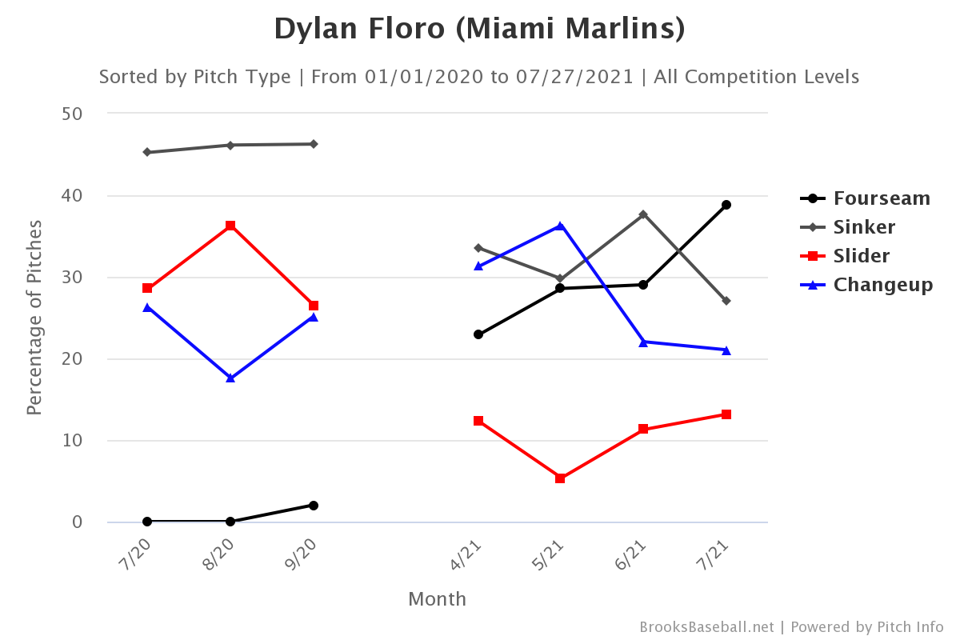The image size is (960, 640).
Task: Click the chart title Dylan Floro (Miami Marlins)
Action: tap(479, 29)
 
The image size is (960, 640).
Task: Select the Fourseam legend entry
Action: tap(882, 198)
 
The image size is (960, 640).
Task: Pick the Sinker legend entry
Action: tap(864, 227)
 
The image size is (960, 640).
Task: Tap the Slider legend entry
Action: tap(862, 256)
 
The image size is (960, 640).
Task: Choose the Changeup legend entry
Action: tap(883, 285)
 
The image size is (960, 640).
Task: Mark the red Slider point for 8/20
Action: tap(230, 226)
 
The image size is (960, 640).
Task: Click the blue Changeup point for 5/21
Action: tap(560, 226)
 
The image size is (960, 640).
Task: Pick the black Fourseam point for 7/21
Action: tap(726, 205)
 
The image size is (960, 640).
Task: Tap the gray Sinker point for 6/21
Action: tap(643, 214)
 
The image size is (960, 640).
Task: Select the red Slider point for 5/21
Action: tap(560, 478)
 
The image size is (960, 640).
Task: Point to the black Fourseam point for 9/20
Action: tap(314, 506)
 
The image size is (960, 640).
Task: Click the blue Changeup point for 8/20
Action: tap(230, 378)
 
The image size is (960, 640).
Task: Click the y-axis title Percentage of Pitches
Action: tap(34, 318)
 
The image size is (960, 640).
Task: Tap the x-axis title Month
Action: tap(437, 599)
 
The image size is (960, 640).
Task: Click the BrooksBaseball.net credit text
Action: tap(706, 627)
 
